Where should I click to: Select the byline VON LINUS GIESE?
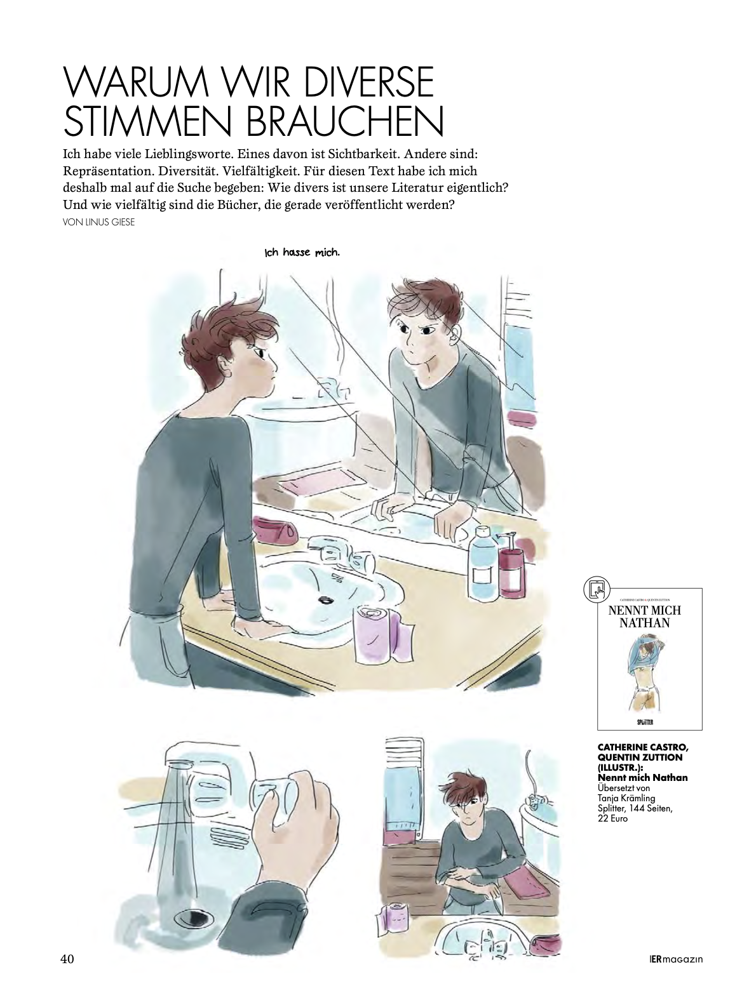tap(99, 223)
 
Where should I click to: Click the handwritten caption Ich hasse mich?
tap(302, 253)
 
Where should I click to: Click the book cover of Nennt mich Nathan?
tap(649, 659)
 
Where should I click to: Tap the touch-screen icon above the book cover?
tap(595, 589)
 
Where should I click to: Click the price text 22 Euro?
tap(612, 819)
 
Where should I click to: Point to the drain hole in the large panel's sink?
tap(325, 601)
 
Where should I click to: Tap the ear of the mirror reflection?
tap(456, 336)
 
